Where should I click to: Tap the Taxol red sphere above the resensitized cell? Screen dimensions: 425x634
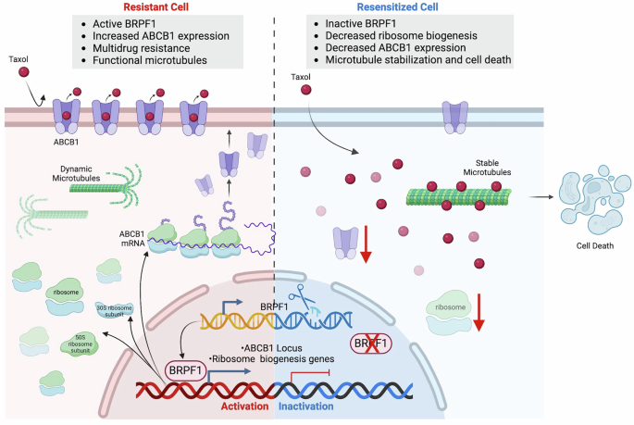pos(307,90)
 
